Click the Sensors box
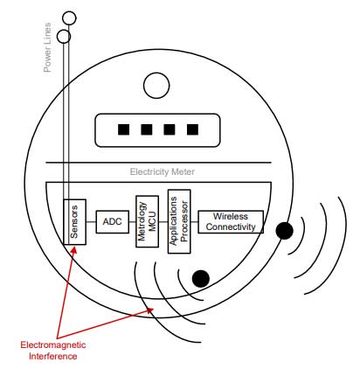[x=75, y=222]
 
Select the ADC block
[x=112, y=221]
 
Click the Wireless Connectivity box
[x=230, y=222]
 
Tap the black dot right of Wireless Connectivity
[x=283, y=231]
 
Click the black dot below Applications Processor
[x=200, y=279]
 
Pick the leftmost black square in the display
[x=124, y=129]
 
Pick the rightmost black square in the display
[x=191, y=129]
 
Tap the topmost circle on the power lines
[x=71, y=18]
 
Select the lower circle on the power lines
[x=64, y=37]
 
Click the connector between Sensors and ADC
[x=91, y=221]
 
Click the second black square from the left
[x=147, y=129]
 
